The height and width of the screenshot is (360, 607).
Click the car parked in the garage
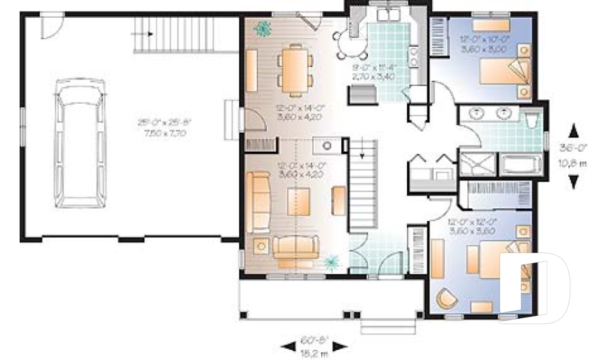pyautogui.click(x=79, y=143)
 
